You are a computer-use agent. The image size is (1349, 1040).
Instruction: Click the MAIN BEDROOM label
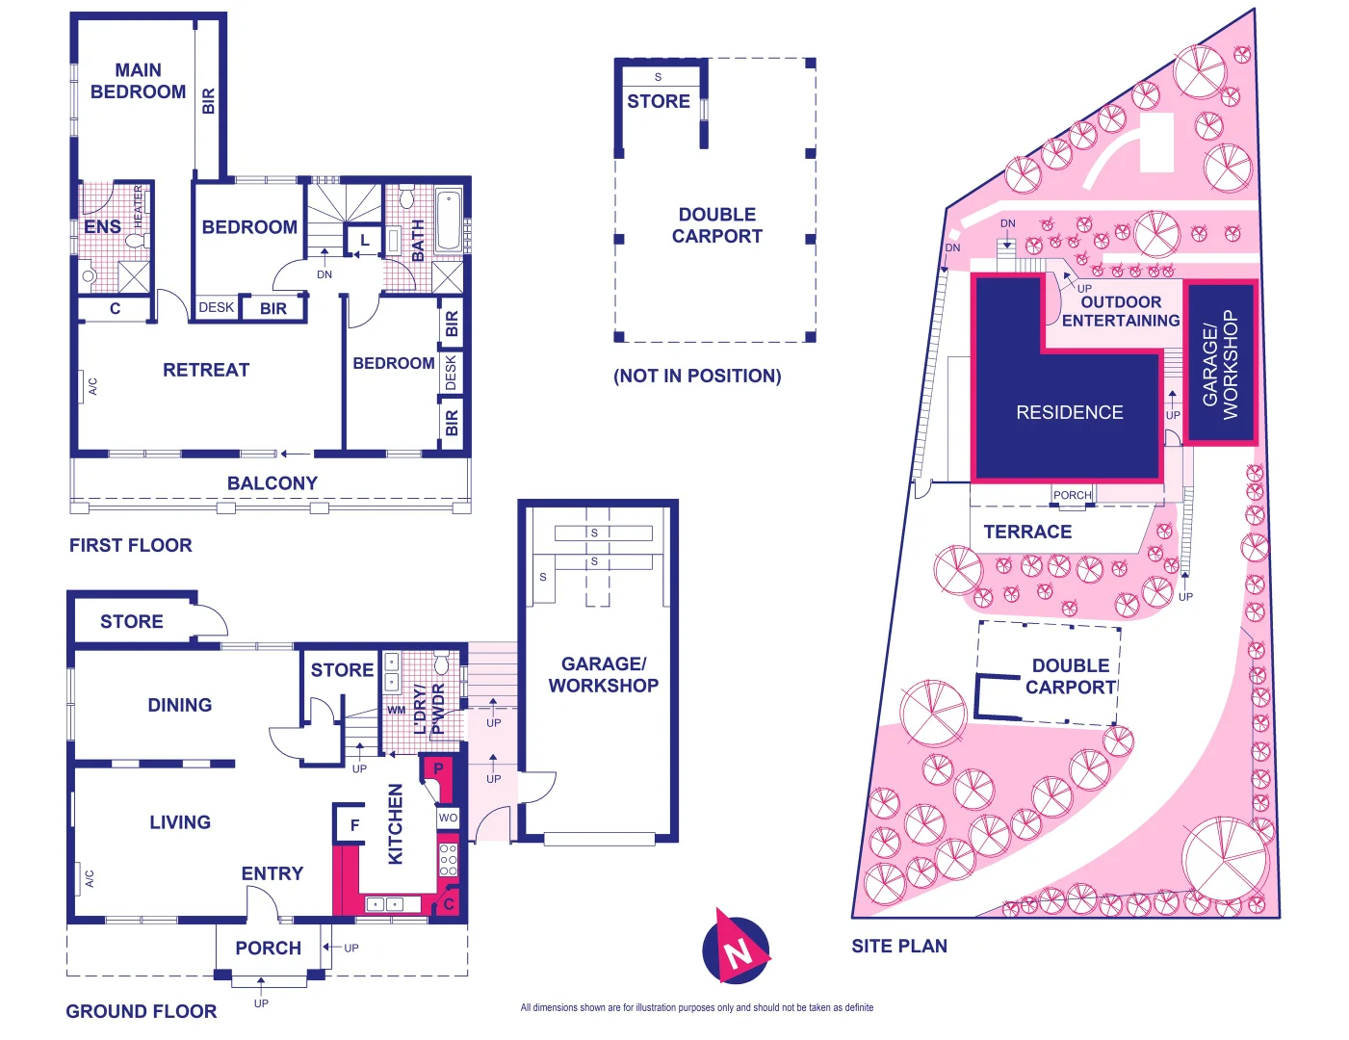138,81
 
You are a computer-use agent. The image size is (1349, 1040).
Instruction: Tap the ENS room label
102,227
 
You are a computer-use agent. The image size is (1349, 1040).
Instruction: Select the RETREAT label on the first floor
205,370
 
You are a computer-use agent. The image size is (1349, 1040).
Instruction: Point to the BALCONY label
272,483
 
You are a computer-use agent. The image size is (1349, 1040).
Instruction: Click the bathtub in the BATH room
449,221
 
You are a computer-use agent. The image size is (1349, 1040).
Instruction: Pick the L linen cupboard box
365,241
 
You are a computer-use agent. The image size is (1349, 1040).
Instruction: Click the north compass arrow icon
737,948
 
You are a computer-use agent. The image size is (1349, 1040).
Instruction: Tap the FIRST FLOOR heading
131,545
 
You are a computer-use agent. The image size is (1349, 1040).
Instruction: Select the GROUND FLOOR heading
141,1011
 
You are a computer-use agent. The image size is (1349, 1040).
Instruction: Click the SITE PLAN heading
899,947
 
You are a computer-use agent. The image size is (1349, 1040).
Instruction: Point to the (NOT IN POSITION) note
697,377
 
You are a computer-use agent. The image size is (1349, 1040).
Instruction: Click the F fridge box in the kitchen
354,825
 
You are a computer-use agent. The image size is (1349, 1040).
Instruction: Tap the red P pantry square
438,769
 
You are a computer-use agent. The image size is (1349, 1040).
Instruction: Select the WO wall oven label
448,818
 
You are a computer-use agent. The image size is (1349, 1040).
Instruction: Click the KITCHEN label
396,824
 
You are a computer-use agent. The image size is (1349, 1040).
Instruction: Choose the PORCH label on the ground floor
268,949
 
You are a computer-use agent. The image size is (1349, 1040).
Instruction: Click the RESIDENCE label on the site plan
1069,412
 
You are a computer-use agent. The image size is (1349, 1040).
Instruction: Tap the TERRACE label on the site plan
1027,532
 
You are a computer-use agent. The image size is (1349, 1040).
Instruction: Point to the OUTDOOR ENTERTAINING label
1121,311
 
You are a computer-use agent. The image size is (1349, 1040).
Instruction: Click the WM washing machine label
396,711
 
